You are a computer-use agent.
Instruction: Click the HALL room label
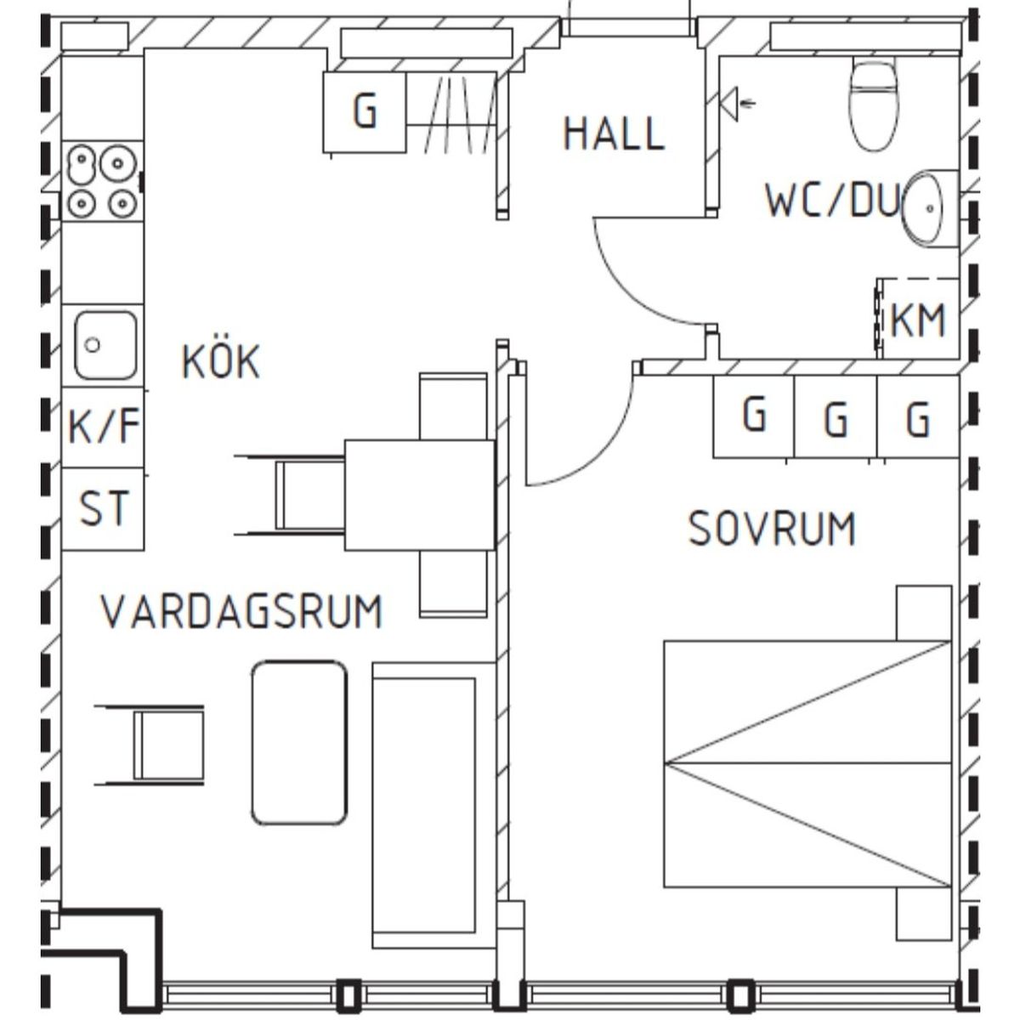(614, 133)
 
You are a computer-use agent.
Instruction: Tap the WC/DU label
(833, 200)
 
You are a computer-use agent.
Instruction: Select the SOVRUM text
(771, 528)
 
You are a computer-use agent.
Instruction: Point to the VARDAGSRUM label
(241, 611)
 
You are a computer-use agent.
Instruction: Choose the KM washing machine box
(919, 319)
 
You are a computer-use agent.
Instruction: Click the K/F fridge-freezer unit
(103, 427)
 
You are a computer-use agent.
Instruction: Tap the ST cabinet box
(103, 508)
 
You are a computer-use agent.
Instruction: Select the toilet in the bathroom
(874, 105)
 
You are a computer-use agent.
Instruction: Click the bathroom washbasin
(924, 208)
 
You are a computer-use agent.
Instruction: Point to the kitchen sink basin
(105, 344)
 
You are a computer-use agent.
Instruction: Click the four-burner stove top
(103, 180)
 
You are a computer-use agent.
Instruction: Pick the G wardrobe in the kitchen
(365, 112)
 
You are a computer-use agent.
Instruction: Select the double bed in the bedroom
(807, 762)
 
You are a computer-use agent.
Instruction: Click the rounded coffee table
(299, 743)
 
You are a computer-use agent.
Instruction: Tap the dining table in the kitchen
(420, 495)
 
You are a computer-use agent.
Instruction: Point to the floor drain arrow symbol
(737, 104)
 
